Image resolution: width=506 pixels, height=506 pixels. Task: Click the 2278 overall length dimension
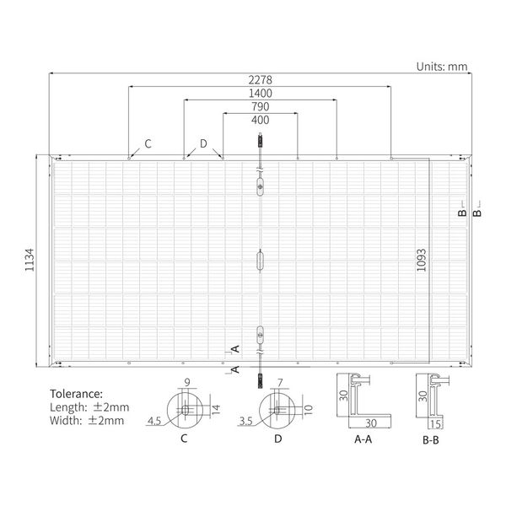pyautogui.click(x=260, y=80)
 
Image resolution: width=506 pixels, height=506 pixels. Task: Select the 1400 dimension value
pyautogui.click(x=260, y=94)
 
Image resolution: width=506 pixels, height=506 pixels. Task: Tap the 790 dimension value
pyautogui.click(x=260, y=106)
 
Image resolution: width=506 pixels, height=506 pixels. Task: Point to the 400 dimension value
pyautogui.click(x=260, y=120)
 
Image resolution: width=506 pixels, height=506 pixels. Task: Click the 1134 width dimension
pyautogui.click(x=30, y=260)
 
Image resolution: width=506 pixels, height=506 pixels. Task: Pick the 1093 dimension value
pyautogui.click(x=421, y=260)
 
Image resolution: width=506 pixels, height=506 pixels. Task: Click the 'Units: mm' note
pyautogui.click(x=442, y=67)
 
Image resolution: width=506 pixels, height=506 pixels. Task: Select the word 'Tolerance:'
pyautogui.click(x=76, y=394)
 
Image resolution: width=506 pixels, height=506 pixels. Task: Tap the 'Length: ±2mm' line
pyautogui.click(x=89, y=407)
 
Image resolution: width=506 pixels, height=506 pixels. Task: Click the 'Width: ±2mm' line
pyautogui.click(x=87, y=421)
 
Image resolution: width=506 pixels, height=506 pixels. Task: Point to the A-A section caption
pyautogui.click(x=363, y=439)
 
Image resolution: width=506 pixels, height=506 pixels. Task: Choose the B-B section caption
pyautogui.click(x=431, y=440)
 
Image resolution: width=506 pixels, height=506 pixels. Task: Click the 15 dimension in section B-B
pyautogui.click(x=436, y=423)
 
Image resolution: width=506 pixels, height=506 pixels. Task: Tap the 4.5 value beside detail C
pyautogui.click(x=154, y=421)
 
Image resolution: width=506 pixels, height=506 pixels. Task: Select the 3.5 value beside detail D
pyautogui.click(x=246, y=421)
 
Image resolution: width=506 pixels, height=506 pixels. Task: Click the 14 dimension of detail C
pyautogui.click(x=216, y=409)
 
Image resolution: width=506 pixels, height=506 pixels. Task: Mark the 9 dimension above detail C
pyautogui.click(x=187, y=382)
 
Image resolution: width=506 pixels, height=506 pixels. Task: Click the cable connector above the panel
pyautogui.click(x=260, y=141)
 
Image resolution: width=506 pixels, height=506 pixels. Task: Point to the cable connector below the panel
pyautogui.click(x=260, y=381)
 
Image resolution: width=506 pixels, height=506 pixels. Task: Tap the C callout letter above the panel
pyautogui.click(x=148, y=143)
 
